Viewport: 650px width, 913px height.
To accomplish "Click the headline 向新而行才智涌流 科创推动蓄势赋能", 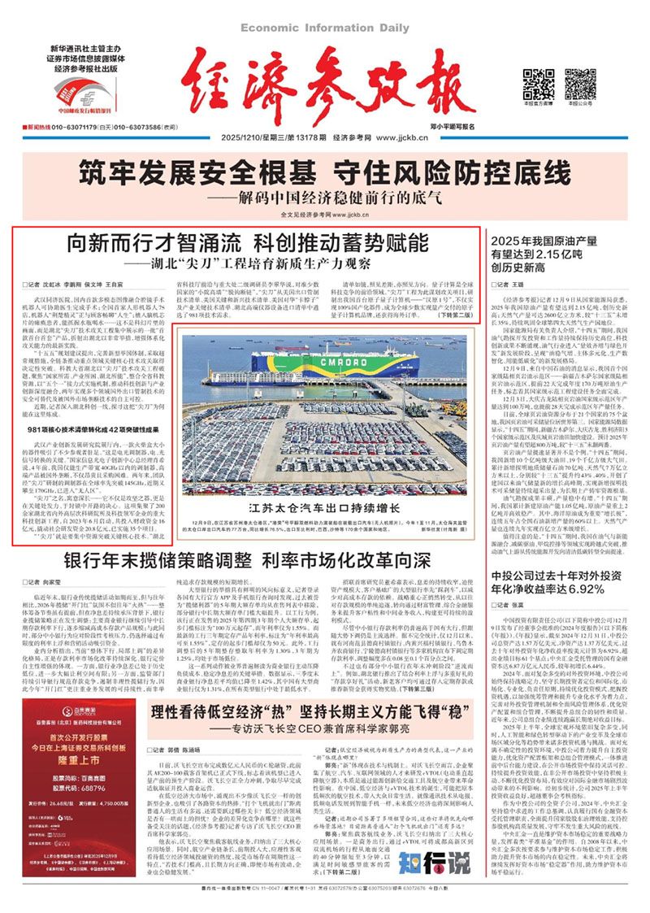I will [247, 242].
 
